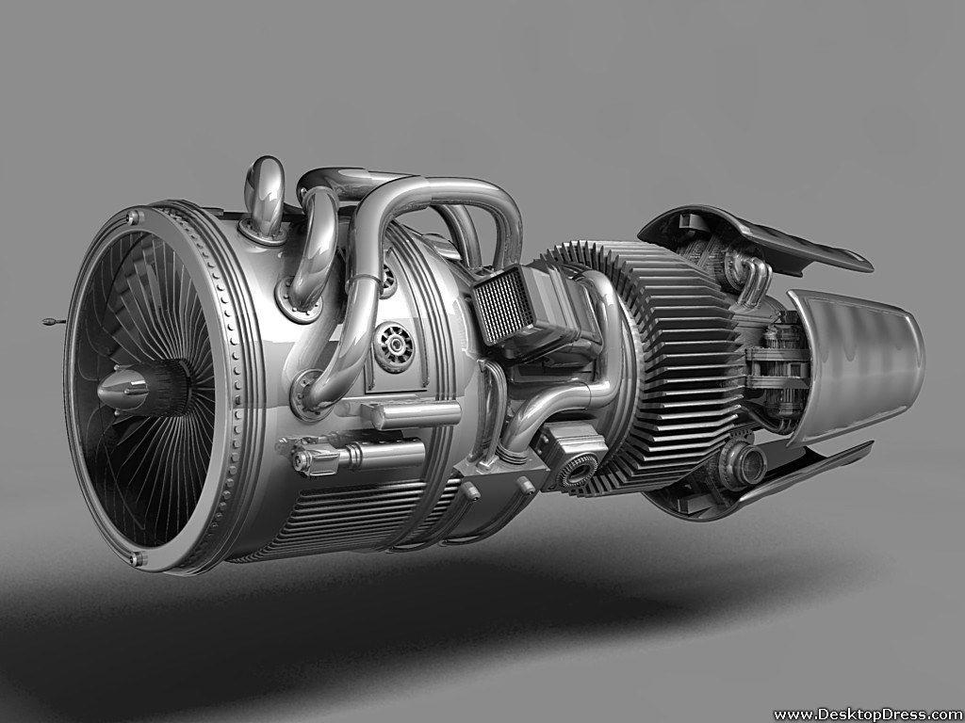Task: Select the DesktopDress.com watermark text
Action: (867, 714)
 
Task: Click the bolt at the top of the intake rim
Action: (133, 217)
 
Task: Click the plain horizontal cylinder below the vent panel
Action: (415, 413)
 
